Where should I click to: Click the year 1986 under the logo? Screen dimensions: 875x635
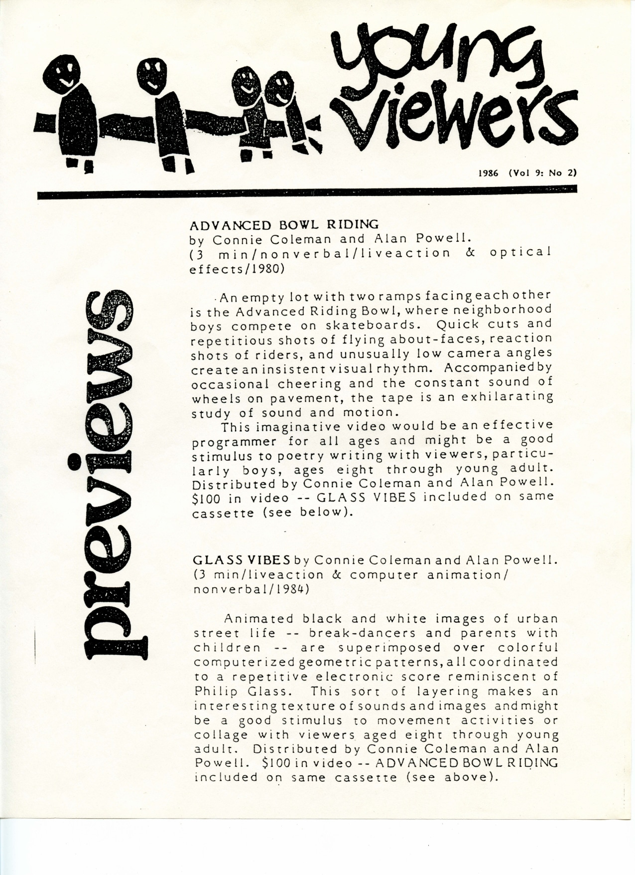point(488,174)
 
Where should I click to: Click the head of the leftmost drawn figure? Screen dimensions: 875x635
point(67,70)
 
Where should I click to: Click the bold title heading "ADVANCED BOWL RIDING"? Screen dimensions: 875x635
point(284,224)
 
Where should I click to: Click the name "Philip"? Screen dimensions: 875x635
point(215,692)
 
